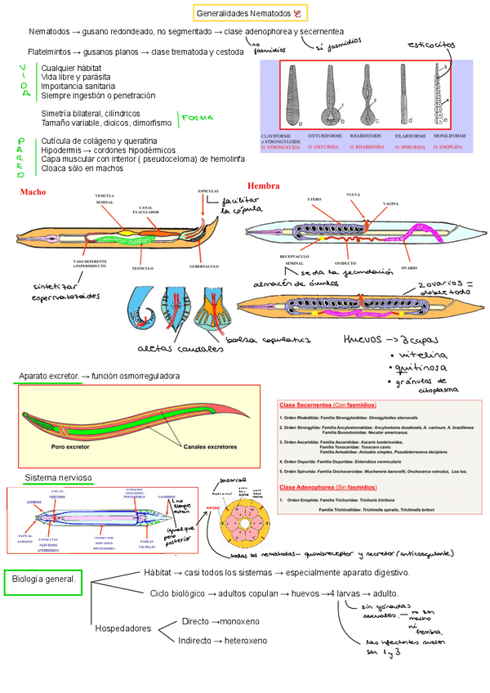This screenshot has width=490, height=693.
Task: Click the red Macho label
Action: (33, 192)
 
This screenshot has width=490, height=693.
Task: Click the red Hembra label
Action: (264, 186)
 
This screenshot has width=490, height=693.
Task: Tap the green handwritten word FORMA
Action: (198, 118)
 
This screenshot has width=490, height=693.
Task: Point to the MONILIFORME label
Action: (451, 135)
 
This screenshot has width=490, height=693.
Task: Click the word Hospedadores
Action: (123, 628)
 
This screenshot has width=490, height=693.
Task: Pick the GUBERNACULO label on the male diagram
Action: (203, 267)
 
